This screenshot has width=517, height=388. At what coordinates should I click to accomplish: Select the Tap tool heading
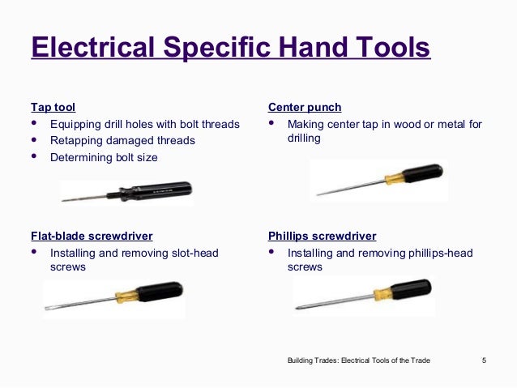click(53, 107)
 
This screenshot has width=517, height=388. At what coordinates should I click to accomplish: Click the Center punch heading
click(304, 107)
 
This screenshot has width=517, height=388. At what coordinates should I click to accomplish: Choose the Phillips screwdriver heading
click(322, 236)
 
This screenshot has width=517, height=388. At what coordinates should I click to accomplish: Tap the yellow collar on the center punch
click(395, 178)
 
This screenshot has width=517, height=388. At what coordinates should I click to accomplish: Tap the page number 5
click(484, 360)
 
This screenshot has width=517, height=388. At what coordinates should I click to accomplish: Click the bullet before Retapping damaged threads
click(33, 140)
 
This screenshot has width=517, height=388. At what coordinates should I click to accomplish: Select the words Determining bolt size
click(104, 157)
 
